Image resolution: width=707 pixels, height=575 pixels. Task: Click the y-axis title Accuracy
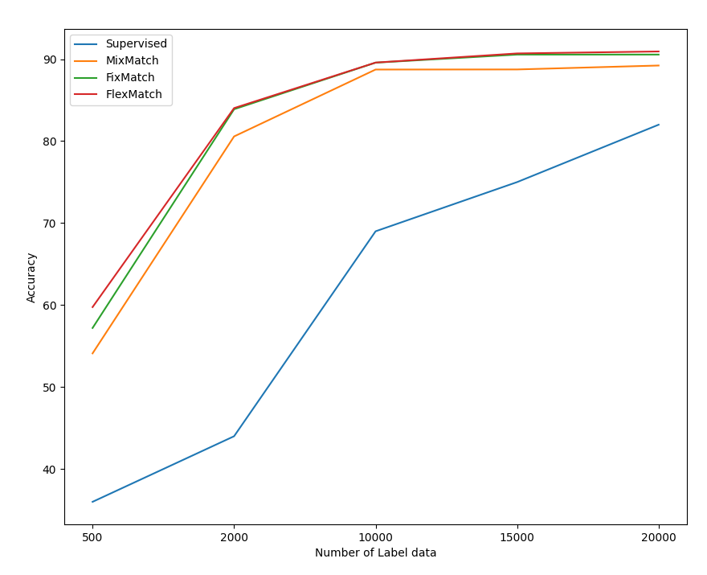[32, 277]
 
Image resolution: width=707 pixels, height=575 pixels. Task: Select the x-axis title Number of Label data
[375, 553]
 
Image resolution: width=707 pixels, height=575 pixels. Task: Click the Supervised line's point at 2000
[234, 436]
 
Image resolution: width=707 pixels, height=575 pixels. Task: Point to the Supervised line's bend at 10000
[375, 232]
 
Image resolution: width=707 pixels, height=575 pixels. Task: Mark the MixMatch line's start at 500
[92, 353]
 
